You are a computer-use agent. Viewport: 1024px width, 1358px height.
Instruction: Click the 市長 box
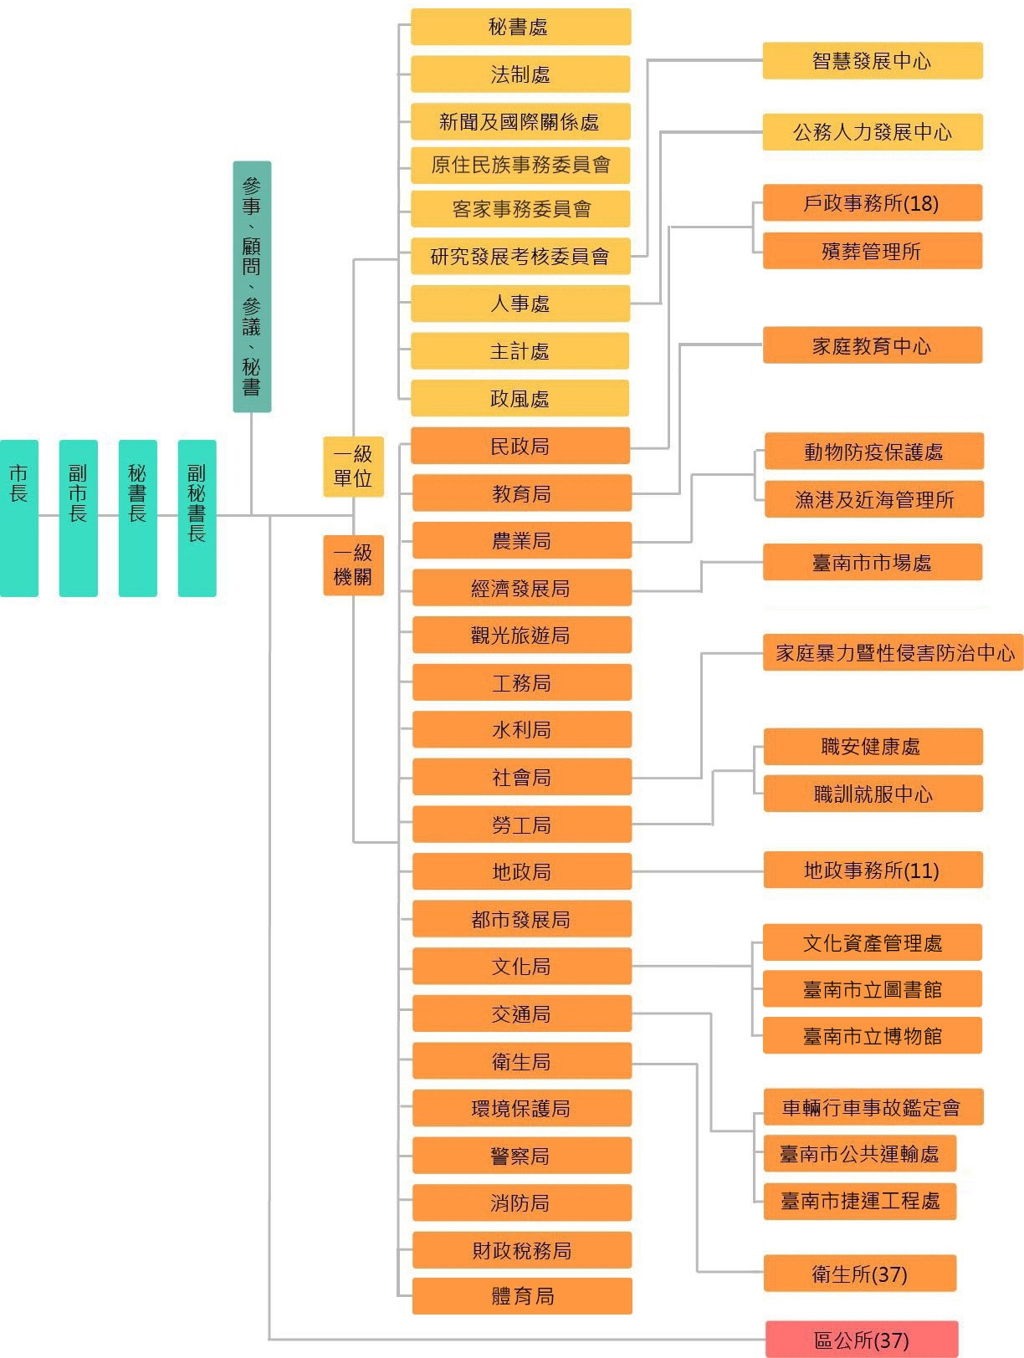click(x=19, y=518)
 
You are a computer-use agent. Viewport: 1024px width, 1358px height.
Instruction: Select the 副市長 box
click(x=79, y=518)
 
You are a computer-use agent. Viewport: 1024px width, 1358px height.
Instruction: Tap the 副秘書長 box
click(x=197, y=518)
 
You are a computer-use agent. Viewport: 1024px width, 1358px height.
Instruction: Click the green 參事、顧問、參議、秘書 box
click(x=252, y=286)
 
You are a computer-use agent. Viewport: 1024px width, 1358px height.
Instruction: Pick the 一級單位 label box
click(x=353, y=467)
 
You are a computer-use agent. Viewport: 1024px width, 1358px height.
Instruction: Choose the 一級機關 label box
click(x=353, y=565)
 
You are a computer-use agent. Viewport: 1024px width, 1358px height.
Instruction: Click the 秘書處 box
click(x=520, y=27)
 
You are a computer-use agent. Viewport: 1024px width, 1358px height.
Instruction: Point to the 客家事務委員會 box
click(x=520, y=209)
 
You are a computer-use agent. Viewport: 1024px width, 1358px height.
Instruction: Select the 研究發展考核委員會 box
click(x=520, y=256)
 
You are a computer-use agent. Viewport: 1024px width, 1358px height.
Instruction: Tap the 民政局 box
click(x=520, y=446)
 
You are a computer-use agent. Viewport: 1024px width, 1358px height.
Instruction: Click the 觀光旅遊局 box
click(x=522, y=636)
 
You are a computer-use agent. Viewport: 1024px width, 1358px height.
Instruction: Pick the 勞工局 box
click(x=522, y=824)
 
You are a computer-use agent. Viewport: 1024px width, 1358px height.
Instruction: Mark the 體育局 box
click(x=522, y=1296)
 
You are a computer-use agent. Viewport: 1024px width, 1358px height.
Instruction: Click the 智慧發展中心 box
click(x=872, y=61)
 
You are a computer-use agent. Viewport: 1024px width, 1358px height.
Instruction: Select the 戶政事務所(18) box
click(x=872, y=203)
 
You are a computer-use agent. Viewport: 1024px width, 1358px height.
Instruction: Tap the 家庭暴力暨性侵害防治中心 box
click(x=893, y=652)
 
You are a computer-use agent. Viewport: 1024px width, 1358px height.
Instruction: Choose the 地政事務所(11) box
click(x=873, y=870)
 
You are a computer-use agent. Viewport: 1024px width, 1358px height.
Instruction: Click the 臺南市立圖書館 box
click(x=872, y=989)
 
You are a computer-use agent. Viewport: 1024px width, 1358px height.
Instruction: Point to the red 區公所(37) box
click(x=862, y=1340)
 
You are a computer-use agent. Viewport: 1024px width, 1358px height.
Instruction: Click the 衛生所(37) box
click(x=860, y=1274)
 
